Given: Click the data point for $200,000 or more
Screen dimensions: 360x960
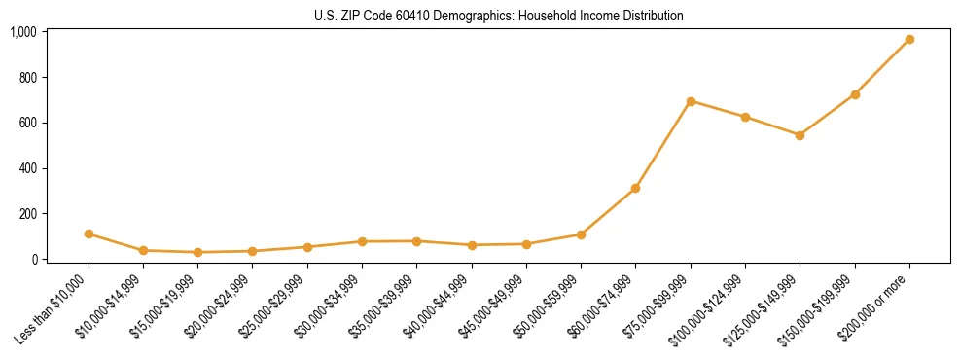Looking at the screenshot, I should (909, 40).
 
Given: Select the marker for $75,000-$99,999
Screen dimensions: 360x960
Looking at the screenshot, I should (691, 101).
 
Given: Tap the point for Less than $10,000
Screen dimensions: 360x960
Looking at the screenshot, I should (89, 234).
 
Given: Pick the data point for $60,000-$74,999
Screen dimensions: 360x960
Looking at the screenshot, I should (635, 188).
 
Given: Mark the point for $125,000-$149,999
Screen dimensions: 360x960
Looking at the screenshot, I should (800, 135).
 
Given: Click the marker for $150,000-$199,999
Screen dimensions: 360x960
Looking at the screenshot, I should (855, 94).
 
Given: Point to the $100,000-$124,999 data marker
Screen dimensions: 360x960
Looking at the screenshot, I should (745, 117).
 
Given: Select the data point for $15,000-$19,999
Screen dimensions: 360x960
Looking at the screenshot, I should (198, 252).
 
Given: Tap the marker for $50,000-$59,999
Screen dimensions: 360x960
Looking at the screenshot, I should (581, 234).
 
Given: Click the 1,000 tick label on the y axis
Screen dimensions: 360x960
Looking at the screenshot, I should (23, 32).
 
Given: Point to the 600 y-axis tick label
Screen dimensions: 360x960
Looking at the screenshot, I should (28, 123).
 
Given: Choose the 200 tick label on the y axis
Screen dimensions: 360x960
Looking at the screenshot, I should (28, 214).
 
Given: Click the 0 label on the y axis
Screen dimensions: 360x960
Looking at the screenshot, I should (34, 260).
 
